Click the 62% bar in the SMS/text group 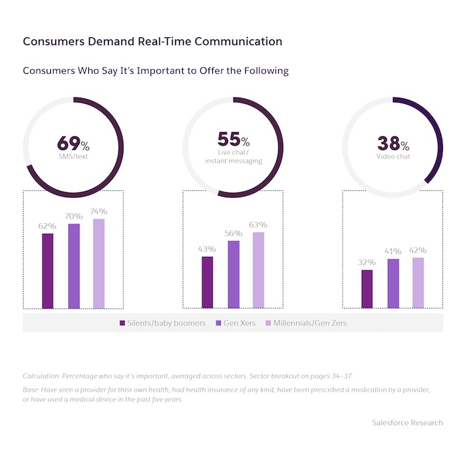47,270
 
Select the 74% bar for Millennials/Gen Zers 99,263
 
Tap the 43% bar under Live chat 207,282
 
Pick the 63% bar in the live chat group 258,270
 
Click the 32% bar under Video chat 366,288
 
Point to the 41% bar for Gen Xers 393,283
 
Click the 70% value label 73,216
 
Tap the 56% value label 233,233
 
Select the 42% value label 418,250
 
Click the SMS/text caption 73,156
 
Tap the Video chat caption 393,157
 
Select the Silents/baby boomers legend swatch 123,323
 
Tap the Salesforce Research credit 407,422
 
